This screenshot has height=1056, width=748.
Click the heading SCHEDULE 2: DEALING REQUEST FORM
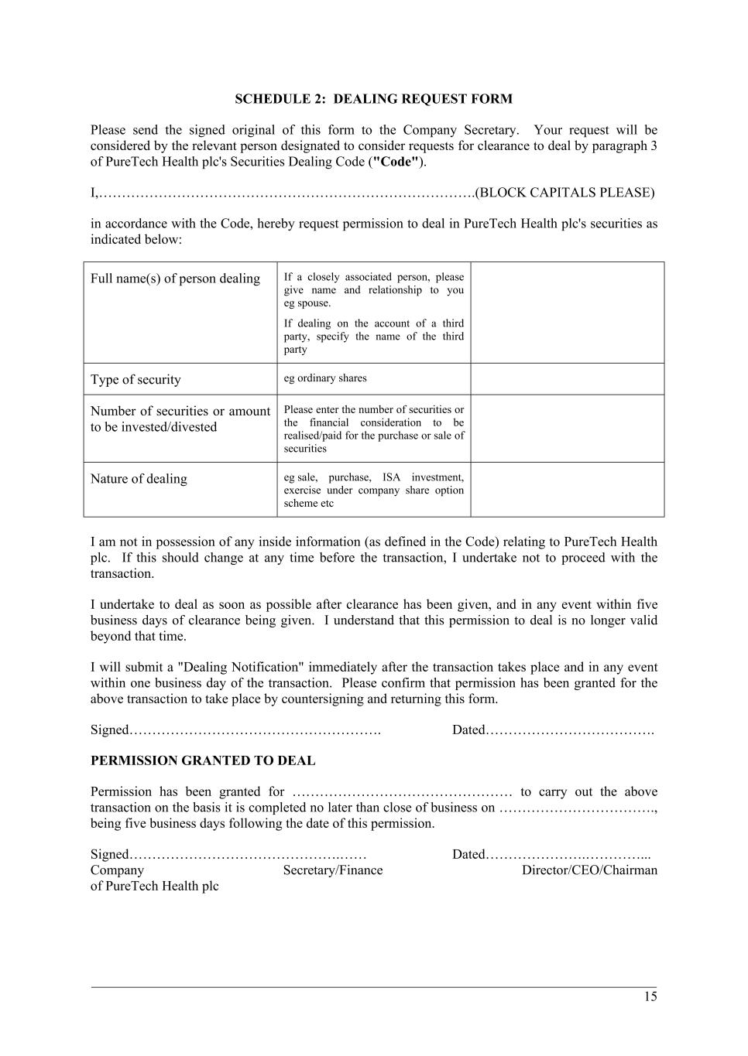point(373,99)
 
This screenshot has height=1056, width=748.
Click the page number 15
point(650,996)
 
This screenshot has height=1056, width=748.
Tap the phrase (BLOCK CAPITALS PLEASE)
point(567,193)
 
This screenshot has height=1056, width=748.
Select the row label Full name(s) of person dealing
point(175,279)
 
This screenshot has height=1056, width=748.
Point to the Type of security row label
point(136,380)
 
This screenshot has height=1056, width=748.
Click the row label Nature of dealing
point(139,479)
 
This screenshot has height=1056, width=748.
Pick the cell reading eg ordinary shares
point(325,378)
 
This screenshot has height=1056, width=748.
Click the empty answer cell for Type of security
point(567,379)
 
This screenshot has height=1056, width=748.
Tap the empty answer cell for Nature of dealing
point(567,489)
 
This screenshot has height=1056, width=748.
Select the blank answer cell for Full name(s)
point(567,313)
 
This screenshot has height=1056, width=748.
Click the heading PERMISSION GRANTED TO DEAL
point(203,760)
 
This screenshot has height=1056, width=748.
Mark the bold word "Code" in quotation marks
point(396,162)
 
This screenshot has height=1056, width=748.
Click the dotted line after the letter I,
point(287,193)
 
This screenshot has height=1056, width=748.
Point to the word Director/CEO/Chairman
point(589,870)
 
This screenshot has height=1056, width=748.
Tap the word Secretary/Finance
point(333,870)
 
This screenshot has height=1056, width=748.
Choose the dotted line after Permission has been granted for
point(401,793)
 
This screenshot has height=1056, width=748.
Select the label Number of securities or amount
point(180,412)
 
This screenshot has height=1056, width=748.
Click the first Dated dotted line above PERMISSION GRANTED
point(570,730)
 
